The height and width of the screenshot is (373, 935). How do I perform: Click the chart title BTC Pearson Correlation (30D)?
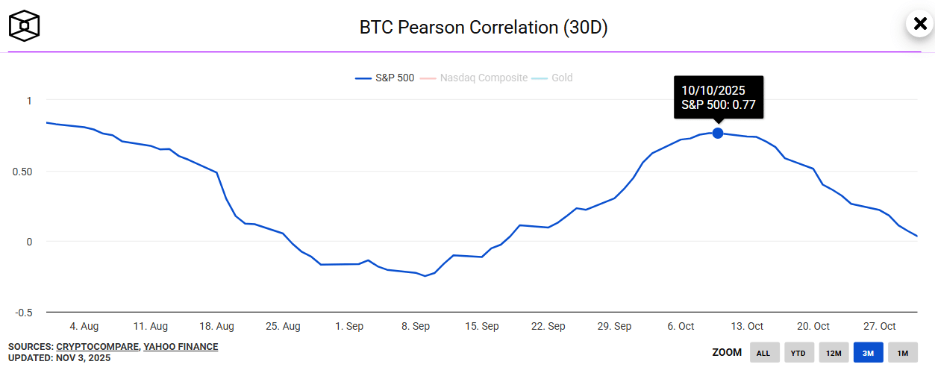pos(484,28)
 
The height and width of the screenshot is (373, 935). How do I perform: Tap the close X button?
pos(919,23)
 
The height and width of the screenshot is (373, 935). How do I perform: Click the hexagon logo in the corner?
pos(24,25)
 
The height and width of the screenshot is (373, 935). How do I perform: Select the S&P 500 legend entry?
pos(385,78)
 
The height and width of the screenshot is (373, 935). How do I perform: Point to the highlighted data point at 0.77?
pos(718,133)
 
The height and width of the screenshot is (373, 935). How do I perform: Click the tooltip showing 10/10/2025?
pos(718,97)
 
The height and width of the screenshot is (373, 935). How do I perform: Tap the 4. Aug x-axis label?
pos(84,326)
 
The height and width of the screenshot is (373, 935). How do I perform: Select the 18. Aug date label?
pos(216,326)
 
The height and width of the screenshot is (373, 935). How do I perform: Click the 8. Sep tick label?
pos(416,326)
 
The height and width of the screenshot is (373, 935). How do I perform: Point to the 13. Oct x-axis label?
pos(747,326)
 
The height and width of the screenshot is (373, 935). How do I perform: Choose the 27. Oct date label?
pos(880,326)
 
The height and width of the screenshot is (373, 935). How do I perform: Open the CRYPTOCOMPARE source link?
pos(97,347)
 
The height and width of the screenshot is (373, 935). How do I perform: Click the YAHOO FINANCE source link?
pos(181,347)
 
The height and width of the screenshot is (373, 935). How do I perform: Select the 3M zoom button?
pos(869,353)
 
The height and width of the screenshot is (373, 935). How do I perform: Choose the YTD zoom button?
pos(798,353)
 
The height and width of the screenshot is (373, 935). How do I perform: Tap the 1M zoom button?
pos(903,353)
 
